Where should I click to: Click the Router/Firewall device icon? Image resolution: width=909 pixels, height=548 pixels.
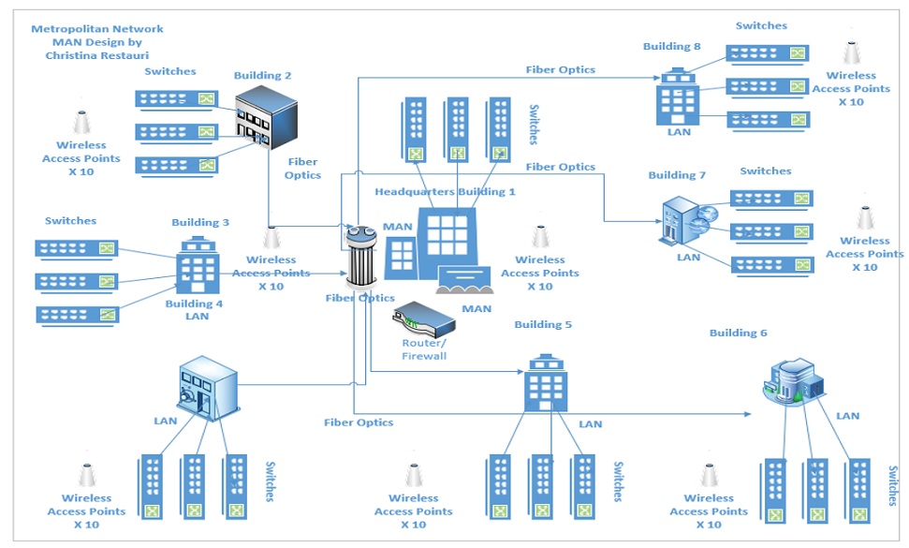tap(424, 321)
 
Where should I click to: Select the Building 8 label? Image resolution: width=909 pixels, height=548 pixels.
tap(671, 46)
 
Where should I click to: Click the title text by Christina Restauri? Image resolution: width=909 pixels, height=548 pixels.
tap(97, 42)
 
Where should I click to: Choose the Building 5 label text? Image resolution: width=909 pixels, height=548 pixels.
tap(542, 325)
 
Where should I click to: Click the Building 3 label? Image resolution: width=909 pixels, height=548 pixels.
tap(200, 223)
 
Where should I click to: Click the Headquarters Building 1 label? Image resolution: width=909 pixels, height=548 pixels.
tap(445, 192)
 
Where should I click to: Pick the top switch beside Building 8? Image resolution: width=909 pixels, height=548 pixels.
tap(769, 53)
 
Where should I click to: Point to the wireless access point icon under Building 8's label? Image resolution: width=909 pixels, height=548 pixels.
tap(851, 52)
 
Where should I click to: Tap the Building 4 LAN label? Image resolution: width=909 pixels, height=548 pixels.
tap(195, 310)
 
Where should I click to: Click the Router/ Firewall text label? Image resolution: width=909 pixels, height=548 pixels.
tap(424, 349)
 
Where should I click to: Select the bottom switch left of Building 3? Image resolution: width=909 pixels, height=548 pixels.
tap(78, 315)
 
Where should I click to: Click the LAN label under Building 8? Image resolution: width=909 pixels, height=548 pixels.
tap(679, 132)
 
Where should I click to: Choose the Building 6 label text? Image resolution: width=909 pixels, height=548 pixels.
tap(738, 333)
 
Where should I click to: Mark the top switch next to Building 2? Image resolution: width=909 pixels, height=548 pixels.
tap(176, 98)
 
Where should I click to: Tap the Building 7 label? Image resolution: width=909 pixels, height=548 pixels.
tap(677, 175)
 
